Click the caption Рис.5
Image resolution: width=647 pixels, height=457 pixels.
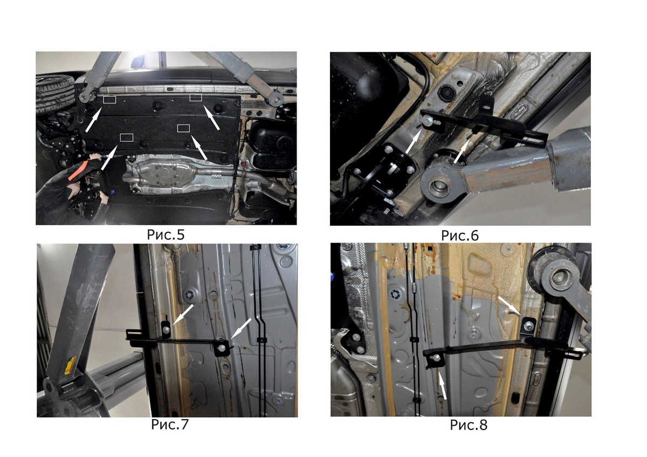pos(166,234)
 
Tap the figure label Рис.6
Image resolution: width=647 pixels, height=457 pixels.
pos(460,236)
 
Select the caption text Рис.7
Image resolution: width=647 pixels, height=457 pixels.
pos(170,424)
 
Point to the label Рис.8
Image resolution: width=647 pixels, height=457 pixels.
pos(469,425)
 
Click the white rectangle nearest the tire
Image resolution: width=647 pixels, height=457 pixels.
pos(109,100)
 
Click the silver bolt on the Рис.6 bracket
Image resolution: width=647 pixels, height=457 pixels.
pos(426,121)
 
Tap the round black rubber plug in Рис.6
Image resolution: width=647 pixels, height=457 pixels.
pos(446,92)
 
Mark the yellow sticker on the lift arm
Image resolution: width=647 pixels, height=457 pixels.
pos(70,365)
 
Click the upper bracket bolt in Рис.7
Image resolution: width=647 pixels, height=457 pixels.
pos(167,329)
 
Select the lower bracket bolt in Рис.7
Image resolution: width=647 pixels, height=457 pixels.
pos(222,348)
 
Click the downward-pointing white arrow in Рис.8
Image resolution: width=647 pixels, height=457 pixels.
pos(510,306)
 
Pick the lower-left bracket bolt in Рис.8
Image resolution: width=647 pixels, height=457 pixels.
pos(436,358)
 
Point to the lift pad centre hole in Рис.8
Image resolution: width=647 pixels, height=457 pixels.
pos(560,277)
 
